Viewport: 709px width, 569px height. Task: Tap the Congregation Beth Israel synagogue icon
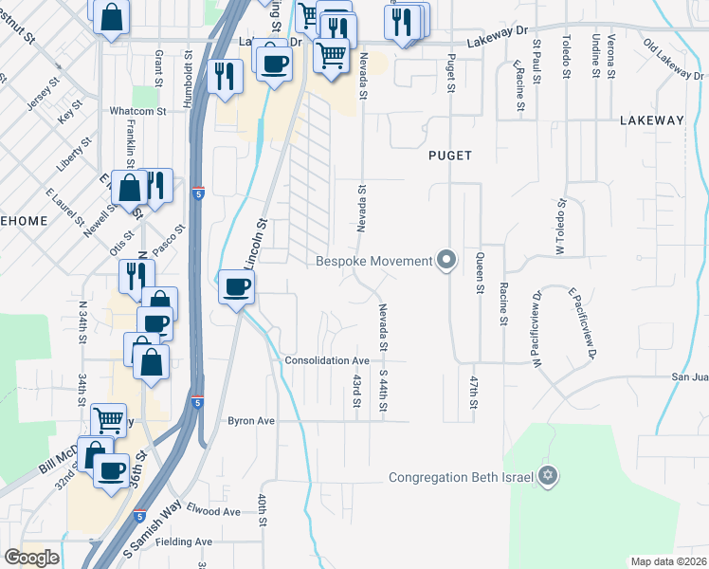pyautogui.click(x=547, y=476)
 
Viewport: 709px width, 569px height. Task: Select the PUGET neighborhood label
pyautogui.click(x=449, y=156)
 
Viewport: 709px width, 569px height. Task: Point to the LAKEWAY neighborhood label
pyautogui.click(x=651, y=120)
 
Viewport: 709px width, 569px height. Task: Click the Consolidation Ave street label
pyautogui.click(x=327, y=361)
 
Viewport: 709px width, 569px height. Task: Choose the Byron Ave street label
pyautogui.click(x=250, y=420)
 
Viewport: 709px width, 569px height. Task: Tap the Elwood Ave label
pyautogui.click(x=213, y=511)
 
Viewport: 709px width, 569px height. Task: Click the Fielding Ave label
pyautogui.click(x=191, y=541)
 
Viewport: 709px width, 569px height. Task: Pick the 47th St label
pyautogui.click(x=473, y=392)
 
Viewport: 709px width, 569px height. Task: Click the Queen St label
pyautogui.click(x=480, y=274)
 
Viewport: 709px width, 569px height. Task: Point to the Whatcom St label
pyautogui.click(x=138, y=111)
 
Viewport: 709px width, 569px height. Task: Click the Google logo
pyautogui.click(x=31, y=558)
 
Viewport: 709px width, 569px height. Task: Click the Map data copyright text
pyautogui.click(x=666, y=561)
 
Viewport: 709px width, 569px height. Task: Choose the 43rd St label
pyautogui.click(x=357, y=390)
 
